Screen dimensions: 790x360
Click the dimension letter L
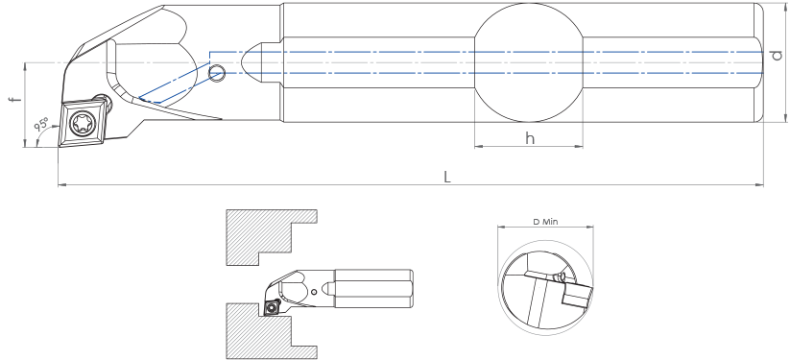447,177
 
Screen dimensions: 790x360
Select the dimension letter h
530,138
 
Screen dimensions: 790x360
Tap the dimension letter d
777,56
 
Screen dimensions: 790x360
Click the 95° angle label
41,124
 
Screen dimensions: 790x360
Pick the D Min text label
545,222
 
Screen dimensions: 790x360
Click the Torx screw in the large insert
81,123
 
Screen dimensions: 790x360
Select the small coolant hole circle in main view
217,73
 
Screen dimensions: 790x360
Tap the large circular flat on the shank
529,62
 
